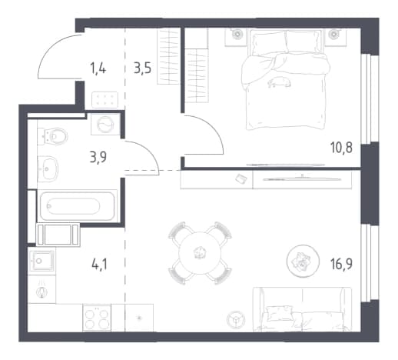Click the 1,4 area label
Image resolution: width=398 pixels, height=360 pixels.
(x=98, y=68)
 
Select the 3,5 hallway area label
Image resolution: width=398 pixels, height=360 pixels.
(x=142, y=68)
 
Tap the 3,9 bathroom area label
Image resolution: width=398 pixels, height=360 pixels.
(x=98, y=157)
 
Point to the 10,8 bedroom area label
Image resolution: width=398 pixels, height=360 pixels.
(x=341, y=148)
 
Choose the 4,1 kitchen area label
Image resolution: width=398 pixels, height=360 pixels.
(x=99, y=264)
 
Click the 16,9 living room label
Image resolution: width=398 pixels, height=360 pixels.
(x=341, y=264)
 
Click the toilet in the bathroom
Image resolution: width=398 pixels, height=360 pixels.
(x=52, y=136)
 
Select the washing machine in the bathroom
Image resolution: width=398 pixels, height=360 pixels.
(x=105, y=125)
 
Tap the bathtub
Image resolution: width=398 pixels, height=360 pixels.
(x=77, y=206)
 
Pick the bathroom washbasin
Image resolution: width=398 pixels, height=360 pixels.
(x=48, y=168)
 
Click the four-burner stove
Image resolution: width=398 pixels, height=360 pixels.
(x=97, y=318)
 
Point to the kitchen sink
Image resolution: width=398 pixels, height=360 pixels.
(x=41, y=261)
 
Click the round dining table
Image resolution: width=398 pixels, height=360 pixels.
(x=200, y=253)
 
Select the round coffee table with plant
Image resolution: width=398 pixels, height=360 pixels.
(x=303, y=261)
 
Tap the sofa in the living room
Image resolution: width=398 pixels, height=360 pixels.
(x=303, y=310)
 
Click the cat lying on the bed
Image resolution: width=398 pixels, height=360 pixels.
(x=279, y=82)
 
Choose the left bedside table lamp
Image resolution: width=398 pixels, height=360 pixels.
(x=237, y=34)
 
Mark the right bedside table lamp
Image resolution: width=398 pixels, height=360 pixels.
(x=333, y=34)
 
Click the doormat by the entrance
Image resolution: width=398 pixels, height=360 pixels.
(x=105, y=99)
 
